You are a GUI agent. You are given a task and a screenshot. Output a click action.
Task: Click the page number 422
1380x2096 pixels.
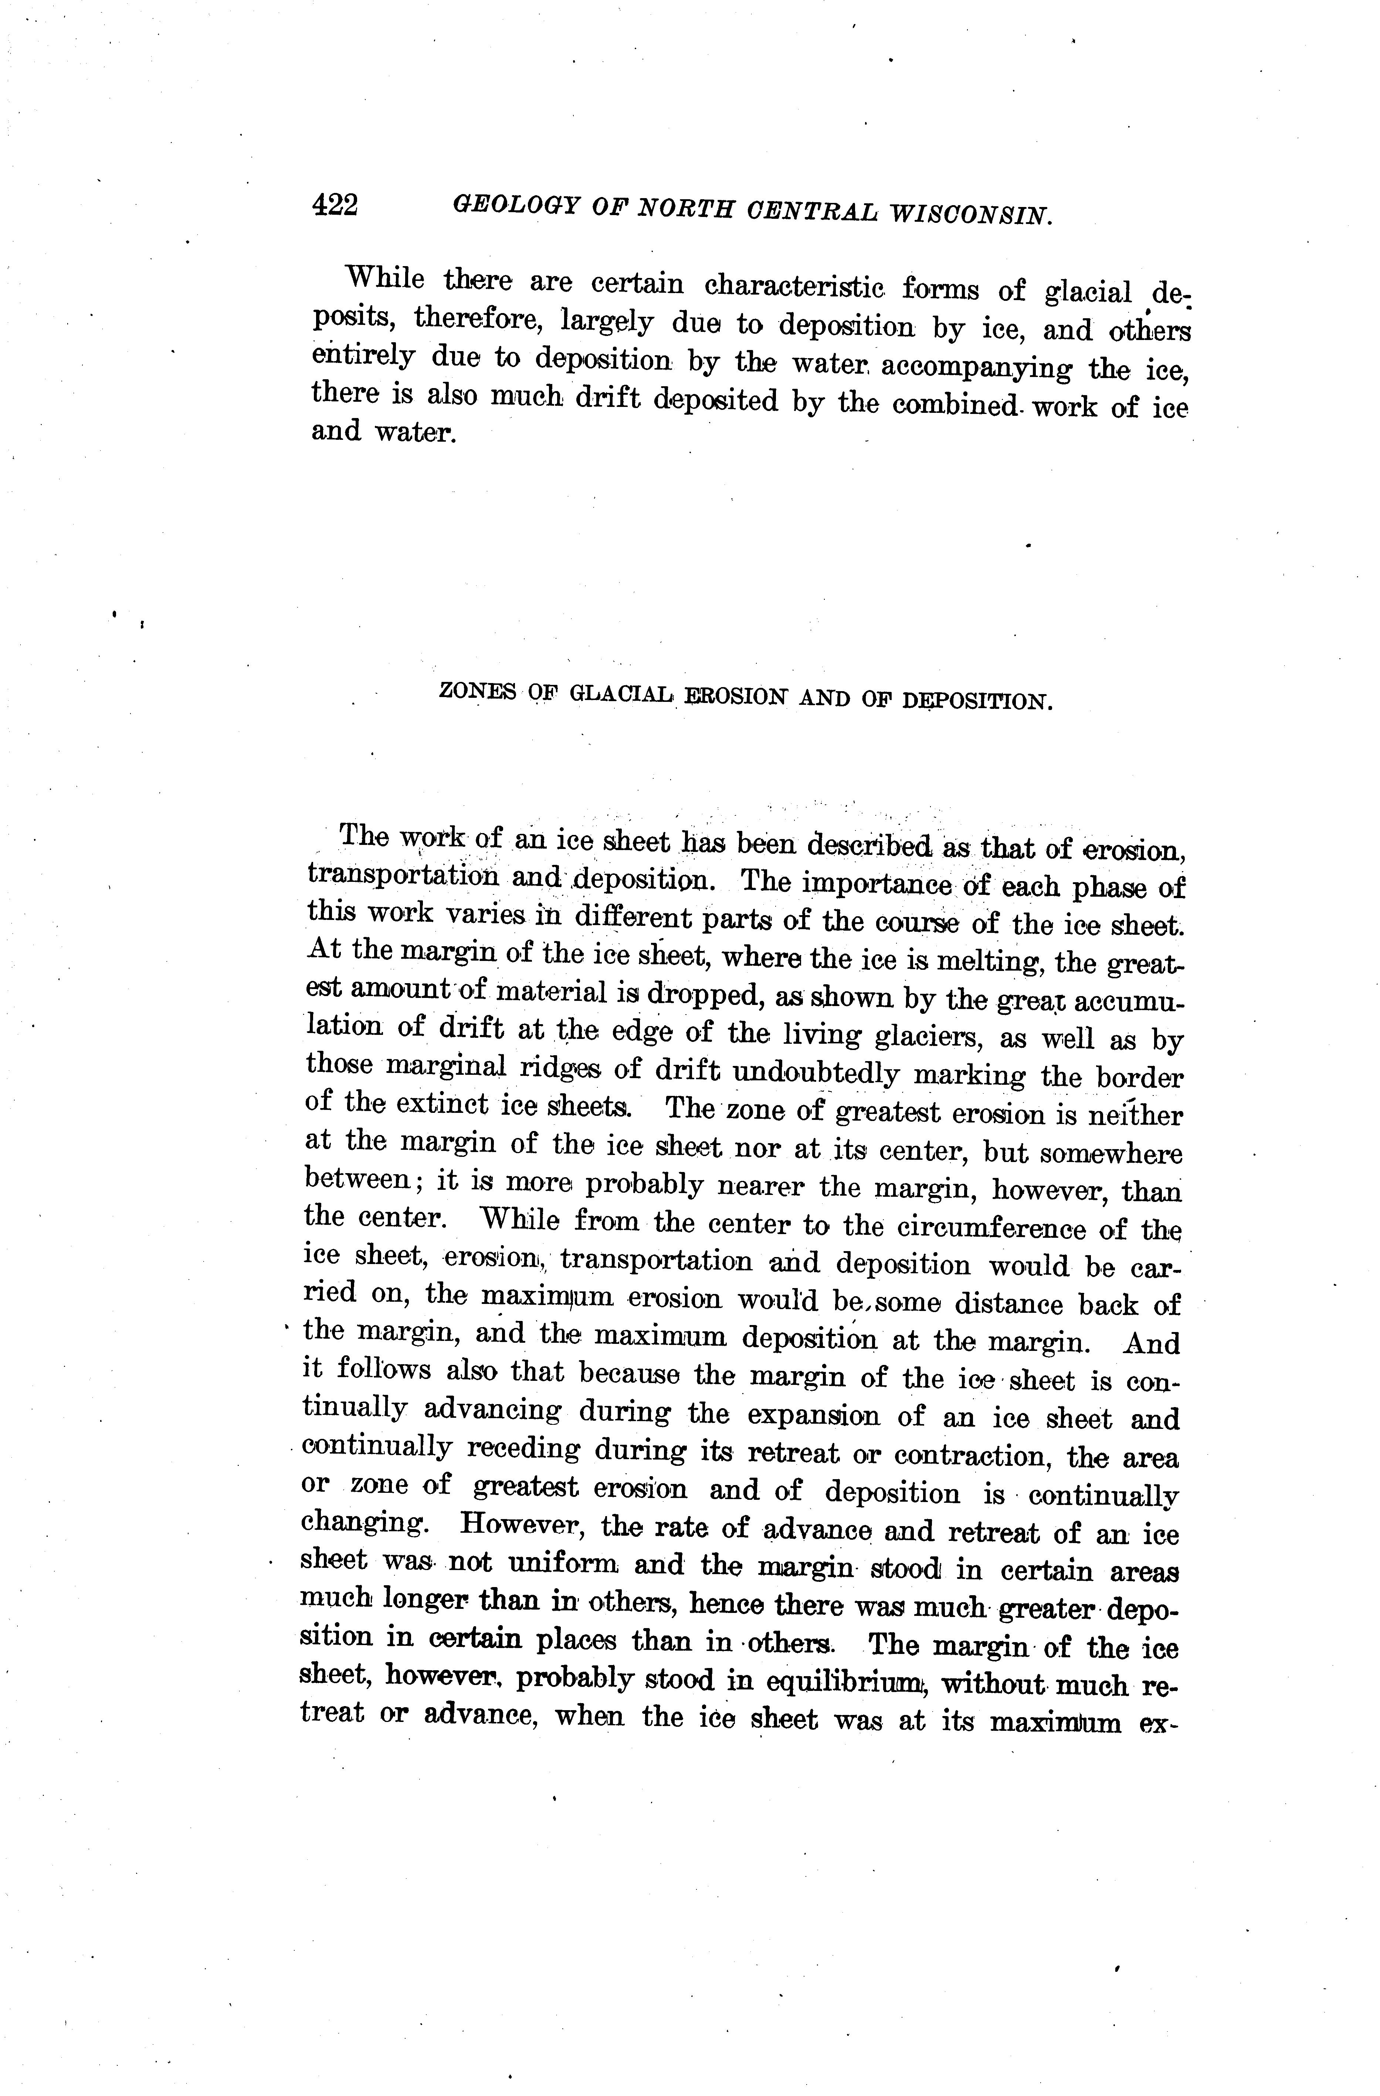coord(335,205)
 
